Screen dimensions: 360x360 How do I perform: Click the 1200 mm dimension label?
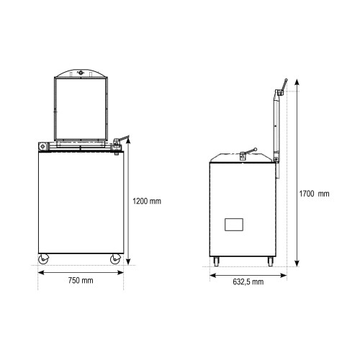147,201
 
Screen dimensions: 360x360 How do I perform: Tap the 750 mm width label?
81,280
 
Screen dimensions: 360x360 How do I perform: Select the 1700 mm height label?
314,194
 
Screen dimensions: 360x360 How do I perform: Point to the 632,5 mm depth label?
248,282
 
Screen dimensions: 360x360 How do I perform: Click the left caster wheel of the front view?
43,259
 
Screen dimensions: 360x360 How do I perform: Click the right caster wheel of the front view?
115,259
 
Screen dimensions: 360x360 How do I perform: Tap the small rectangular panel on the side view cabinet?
234,225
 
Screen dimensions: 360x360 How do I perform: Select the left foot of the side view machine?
216,261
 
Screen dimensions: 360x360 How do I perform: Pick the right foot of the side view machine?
271,261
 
